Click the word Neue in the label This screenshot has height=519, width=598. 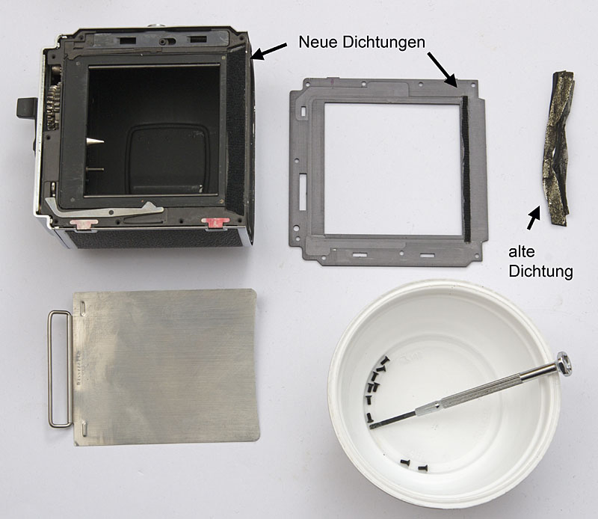pos(318,42)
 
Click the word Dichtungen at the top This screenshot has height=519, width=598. pos(383,43)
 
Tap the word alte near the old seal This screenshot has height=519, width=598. pos(521,252)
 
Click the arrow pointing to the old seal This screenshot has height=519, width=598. pos(534,217)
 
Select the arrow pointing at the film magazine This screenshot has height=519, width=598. pos(269,52)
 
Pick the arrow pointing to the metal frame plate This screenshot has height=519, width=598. pos(442,70)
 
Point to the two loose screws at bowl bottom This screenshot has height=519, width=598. pos(413,465)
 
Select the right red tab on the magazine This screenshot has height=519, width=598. pos(215,223)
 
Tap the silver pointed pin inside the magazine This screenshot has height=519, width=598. pos(95,141)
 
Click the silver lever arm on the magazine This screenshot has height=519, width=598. pos(104,209)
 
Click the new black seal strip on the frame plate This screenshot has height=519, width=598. pos(466,169)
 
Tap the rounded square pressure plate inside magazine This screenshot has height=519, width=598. pos(167,160)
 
